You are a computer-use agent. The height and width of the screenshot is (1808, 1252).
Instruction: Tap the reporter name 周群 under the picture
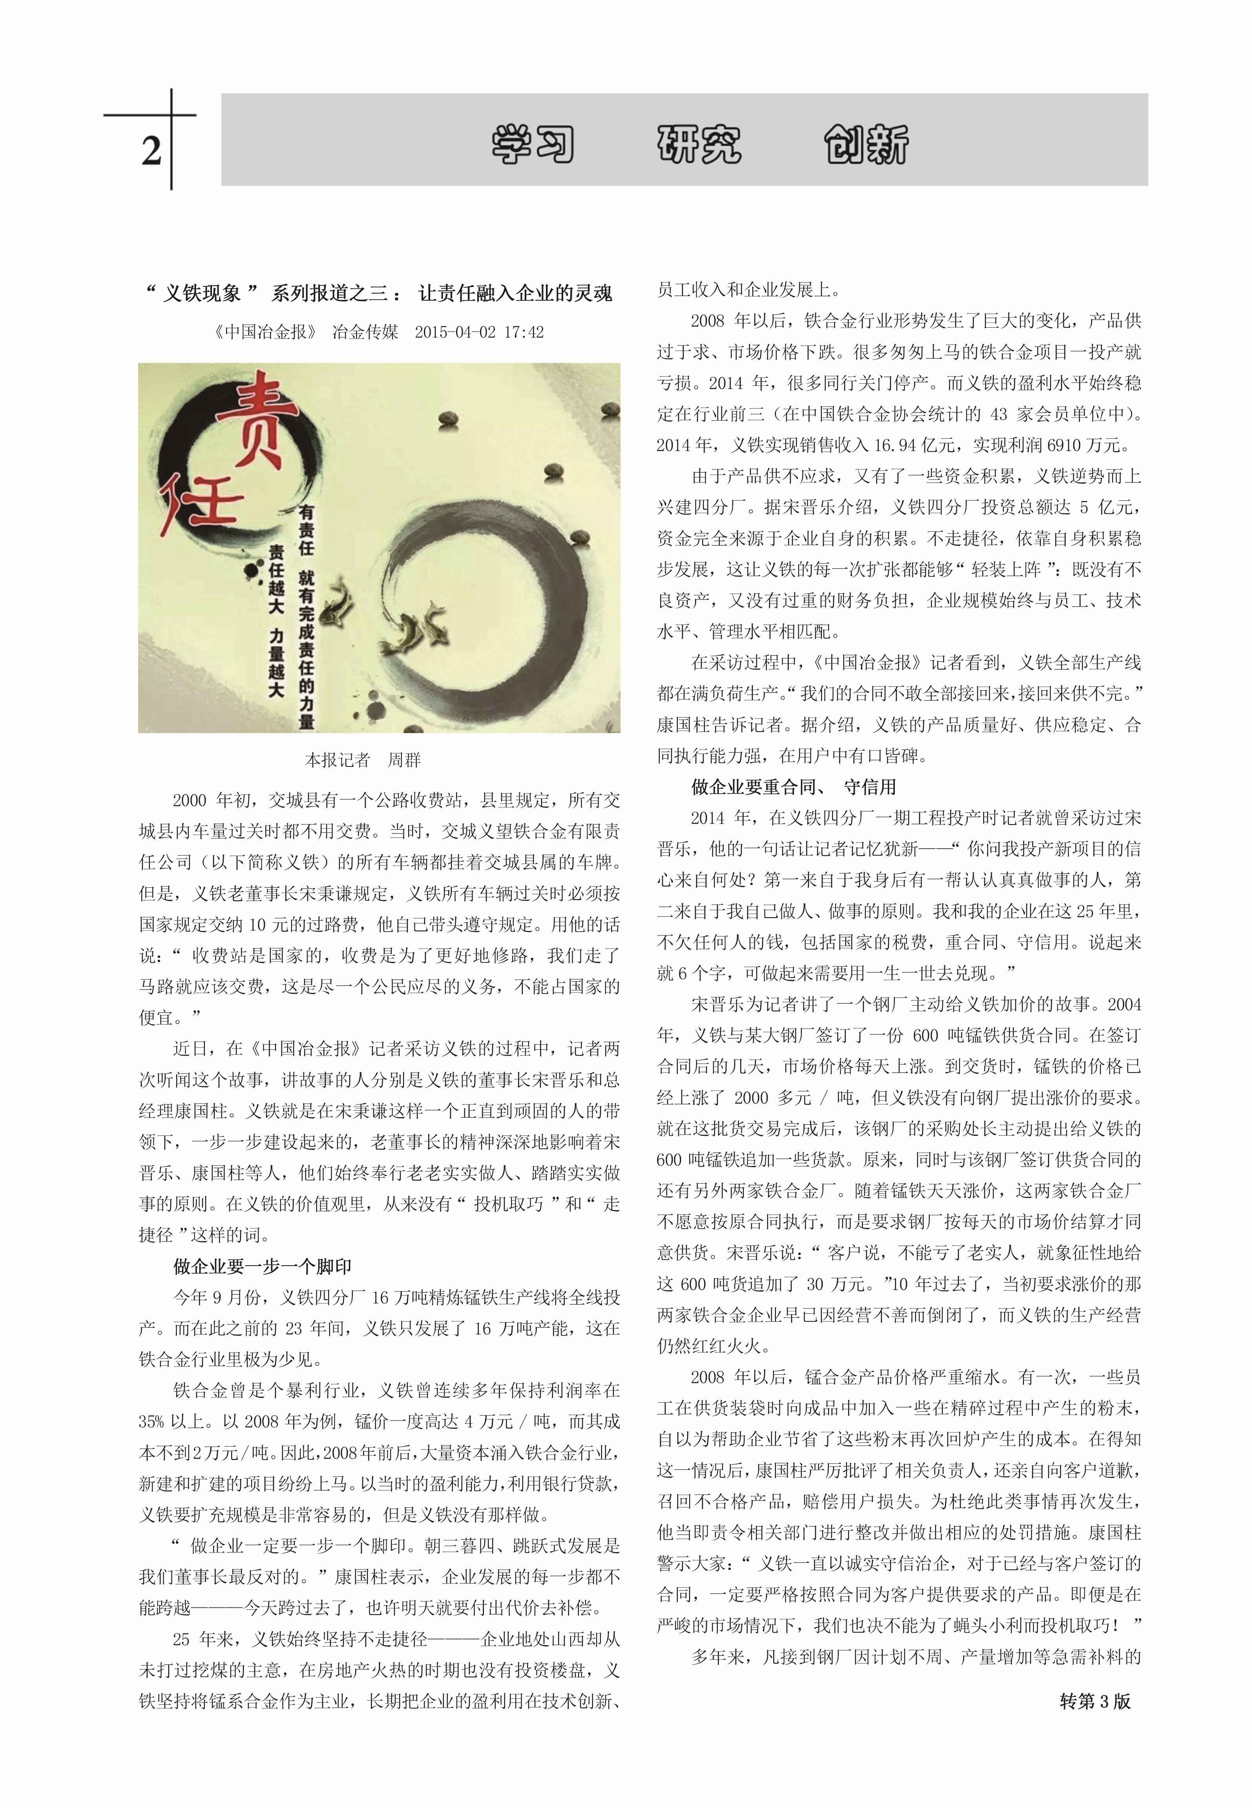tap(405, 759)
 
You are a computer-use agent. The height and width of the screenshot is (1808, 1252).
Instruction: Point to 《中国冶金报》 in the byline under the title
tap(265, 332)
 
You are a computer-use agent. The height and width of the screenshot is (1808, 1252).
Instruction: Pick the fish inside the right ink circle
tap(420, 624)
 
